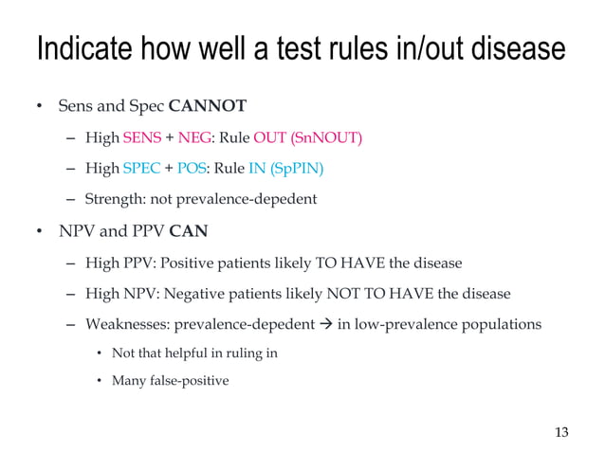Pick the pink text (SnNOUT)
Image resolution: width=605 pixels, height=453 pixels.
326,137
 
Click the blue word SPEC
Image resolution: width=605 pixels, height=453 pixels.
140,169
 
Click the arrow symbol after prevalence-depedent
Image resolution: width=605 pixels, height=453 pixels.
324,324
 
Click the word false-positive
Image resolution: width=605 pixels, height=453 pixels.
188,381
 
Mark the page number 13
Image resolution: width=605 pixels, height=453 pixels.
561,433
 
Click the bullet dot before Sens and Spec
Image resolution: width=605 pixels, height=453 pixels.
40,106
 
